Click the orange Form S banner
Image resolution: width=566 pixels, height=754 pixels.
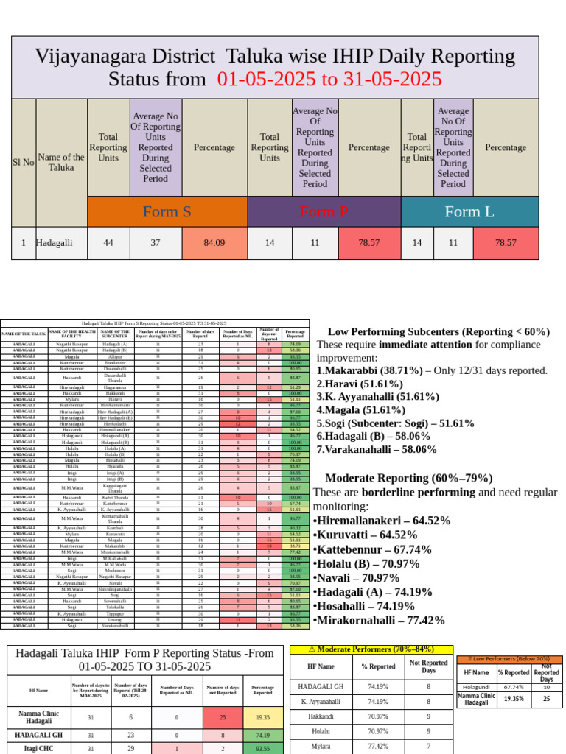tap(167, 212)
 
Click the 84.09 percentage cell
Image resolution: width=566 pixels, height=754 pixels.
tap(214, 242)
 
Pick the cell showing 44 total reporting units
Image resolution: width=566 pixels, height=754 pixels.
tap(108, 242)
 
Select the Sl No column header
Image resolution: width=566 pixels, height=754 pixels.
tap(24, 162)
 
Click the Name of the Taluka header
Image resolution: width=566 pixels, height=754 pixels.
tap(61, 162)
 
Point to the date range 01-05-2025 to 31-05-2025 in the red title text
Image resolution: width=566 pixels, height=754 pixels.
tap(329, 79)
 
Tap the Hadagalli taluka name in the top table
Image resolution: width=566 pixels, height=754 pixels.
tap(56, 242)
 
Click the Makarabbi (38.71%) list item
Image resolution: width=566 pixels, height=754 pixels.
tap(432, 370)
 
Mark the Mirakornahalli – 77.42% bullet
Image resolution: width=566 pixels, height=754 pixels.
tap(380, 620)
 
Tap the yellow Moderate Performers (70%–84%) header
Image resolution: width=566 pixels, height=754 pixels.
tap(371, 649)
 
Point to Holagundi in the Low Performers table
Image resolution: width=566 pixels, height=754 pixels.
tap(475, 686)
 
